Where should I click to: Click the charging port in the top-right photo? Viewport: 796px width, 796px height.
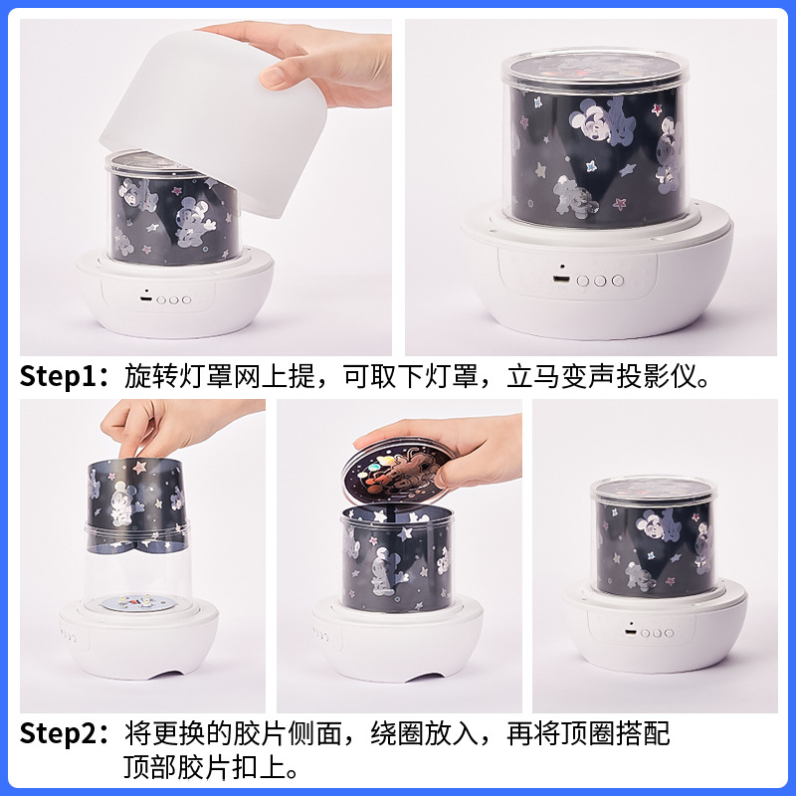tap(562, 280)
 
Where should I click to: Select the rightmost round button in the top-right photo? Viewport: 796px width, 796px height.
tap(618, 281)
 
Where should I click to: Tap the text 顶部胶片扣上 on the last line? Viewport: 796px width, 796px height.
tap(204, 769)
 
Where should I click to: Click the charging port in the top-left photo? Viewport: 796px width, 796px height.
tap(145, 297)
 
